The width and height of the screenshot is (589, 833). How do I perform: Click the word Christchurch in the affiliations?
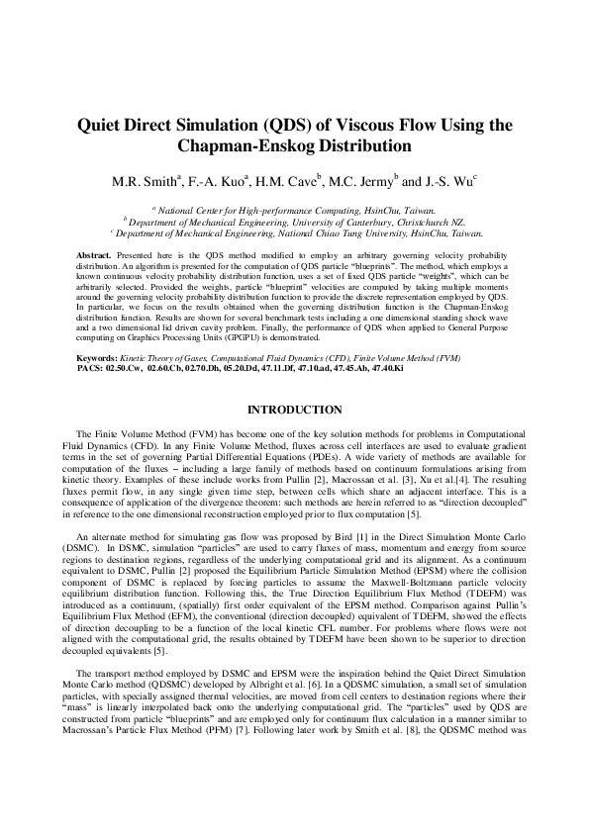click(x=388, y=223)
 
